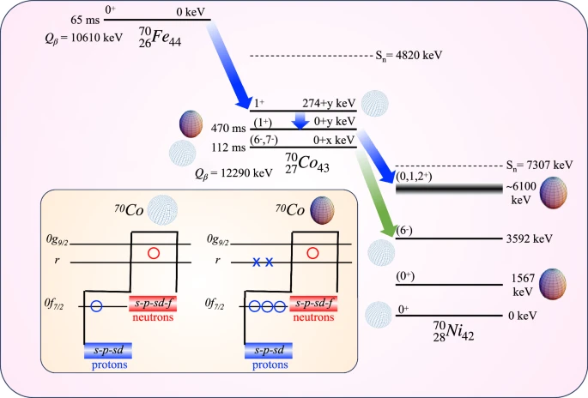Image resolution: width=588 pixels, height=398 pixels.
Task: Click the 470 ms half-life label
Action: (229, 129)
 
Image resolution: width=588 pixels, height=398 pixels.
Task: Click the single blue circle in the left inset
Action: (97, 305)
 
